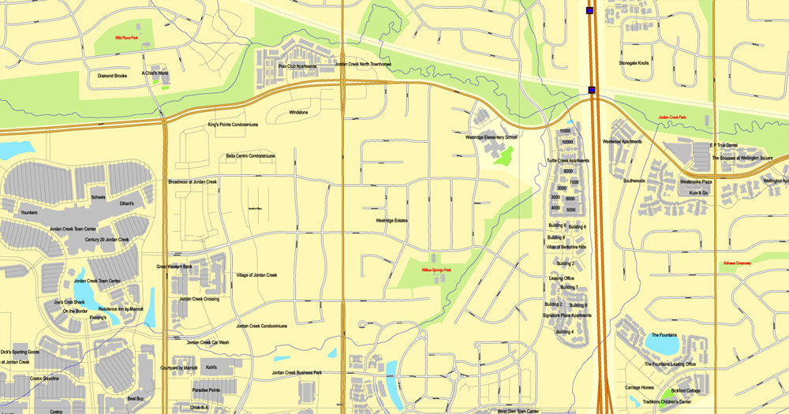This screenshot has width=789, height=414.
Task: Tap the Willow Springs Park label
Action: pyautogui.click(x=436, y=270)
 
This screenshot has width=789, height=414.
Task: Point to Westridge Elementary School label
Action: pyautogui.click(x=491, y=137)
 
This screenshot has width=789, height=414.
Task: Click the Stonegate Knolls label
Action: pyautogui.click(x=634, y=63)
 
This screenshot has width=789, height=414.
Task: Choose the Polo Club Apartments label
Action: pyautogui.click(x=297, y=66)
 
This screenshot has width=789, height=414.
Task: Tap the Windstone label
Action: pyautogui.click(x=298, y=112)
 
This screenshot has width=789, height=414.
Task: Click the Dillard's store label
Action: pyautogui.click(x=126, y=203)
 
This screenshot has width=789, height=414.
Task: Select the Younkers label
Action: pyautogui.click(x=29, y=212)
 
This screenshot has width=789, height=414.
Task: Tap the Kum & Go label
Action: pyautogui.click(x=699, y=192)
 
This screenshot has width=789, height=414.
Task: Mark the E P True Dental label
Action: pyautogui.click(x=723, y=146)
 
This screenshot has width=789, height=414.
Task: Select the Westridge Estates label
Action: pyautogui.click(x=391, y=220)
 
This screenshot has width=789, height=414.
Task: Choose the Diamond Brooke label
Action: pyautogui.click(x=112, y=76)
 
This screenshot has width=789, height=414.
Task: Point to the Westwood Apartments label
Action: pyautogui.click(x=623, y=142)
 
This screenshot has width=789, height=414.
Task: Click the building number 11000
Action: pyautogui.click(x=565, y=131)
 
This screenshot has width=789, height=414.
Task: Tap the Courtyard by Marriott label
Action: pyautogui.click(x=178, y=368)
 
